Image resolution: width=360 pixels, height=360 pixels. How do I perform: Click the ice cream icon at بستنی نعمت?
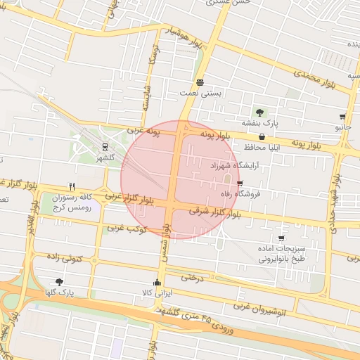pos(201,82)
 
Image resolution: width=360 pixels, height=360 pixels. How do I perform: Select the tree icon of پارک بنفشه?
pos(259,112)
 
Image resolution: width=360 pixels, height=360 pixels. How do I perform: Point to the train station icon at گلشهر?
pos(105,148)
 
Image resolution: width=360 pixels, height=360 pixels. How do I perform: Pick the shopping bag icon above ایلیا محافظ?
pos(262,136)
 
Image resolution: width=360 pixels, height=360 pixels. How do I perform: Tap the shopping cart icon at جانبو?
pos(342,117)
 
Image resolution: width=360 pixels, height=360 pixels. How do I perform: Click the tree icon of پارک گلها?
pos(59,282)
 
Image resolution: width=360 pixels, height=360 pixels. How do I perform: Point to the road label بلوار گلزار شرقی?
pos(219,212)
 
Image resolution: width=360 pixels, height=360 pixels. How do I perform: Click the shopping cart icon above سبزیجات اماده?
pos(282,238)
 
